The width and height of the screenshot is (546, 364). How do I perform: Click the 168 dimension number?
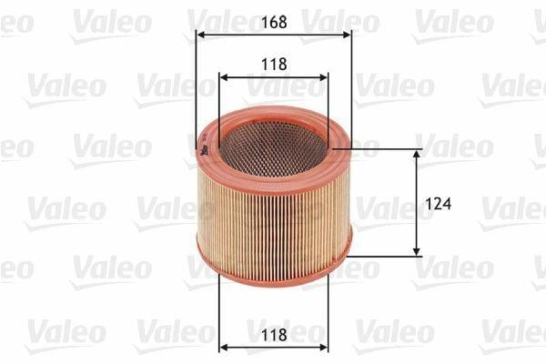274,22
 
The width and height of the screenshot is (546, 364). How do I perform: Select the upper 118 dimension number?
274,64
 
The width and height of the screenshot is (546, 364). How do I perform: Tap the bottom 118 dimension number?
274,335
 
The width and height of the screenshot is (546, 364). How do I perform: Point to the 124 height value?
438,204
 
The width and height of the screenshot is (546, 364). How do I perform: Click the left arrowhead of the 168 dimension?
200,35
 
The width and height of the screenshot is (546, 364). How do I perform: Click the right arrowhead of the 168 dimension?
347,35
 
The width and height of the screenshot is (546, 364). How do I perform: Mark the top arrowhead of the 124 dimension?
416,154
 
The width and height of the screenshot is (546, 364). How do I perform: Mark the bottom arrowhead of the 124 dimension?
416,251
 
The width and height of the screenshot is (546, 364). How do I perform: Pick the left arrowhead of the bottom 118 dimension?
224,348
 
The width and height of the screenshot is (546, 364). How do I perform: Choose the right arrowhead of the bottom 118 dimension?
323,348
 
